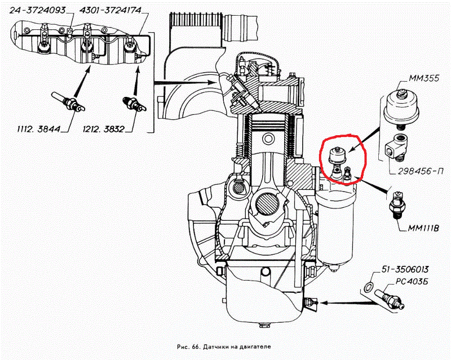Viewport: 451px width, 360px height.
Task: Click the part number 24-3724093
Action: (37, 11)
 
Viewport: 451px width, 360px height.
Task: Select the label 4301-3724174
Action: (110, 10)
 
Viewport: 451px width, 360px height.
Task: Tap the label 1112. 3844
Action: (38, 129)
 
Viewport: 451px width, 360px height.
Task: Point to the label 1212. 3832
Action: (104, 129)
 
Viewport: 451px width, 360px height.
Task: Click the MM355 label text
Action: (423, 78)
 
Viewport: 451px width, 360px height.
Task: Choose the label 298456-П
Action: (424, 171)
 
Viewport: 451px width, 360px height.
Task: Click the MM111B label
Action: (423, 228)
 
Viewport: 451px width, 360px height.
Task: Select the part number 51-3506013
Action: (405, 269)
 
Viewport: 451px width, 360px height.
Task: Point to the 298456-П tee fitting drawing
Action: (396, 147)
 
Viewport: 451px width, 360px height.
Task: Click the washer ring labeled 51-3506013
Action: (368, 287)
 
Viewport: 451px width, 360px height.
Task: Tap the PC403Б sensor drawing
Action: (390, 299)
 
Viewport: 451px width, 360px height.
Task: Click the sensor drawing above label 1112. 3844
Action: (68, 101)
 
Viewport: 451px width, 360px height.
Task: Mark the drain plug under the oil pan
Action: (264, 325)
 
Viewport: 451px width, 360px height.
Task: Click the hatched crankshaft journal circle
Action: (267, 204)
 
